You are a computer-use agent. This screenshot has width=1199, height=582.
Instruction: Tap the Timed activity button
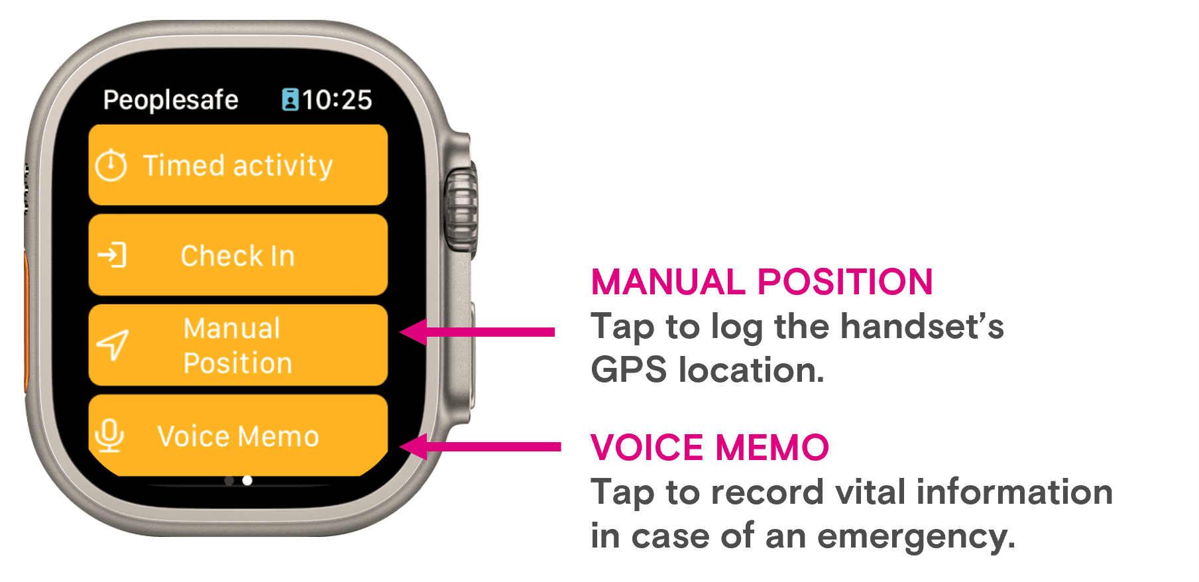[238, 164]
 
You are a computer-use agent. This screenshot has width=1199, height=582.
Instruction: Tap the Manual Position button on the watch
[238, 345]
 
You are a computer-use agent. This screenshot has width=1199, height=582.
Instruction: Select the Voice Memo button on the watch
[238, 436]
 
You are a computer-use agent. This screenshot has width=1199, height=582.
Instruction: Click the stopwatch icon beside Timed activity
[111, 165]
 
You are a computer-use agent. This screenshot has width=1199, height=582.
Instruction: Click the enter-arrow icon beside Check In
[112, 255]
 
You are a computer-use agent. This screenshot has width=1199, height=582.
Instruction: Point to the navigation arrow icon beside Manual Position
[113, 345]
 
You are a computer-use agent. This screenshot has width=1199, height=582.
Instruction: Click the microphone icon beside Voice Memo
[109, 436]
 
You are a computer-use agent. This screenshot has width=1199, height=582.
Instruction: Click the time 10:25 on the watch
[337, 100]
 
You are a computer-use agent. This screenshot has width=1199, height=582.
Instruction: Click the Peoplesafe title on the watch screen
[171, 101]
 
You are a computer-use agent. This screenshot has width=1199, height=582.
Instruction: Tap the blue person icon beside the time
[290, 99]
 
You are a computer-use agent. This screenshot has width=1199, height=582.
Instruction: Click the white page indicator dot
[247, 481]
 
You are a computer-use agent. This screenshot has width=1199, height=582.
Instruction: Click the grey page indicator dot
[229, 481]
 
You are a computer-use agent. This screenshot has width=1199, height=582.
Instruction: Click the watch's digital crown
[461, 209]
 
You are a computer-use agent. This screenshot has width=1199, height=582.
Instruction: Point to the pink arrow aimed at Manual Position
[477, 332]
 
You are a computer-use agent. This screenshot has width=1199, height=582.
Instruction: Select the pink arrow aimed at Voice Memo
[481, 447]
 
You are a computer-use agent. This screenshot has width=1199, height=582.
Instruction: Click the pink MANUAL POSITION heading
[762, 282]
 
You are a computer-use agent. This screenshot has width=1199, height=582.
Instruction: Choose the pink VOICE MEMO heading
[710, 447]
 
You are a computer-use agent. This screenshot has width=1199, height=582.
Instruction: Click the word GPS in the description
[628, 370]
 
